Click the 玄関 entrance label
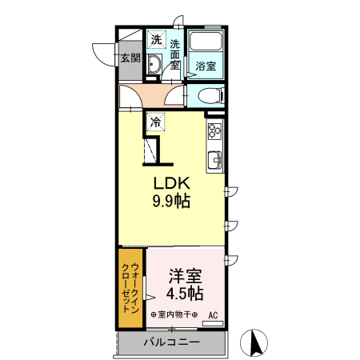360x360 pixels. [130, 58]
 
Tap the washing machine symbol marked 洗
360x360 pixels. [157, 39]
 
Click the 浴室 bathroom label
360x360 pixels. [206, 66]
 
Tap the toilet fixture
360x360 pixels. [210, 96]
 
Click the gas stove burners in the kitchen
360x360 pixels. [214, 130]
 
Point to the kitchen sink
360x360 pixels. [214, 160]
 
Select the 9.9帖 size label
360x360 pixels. [171, 202]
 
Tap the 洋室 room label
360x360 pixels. [185, 277]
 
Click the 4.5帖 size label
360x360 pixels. [185, 294]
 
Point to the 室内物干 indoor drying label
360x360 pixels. [174, 314]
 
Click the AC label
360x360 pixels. [214, 314]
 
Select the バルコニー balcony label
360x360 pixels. [172, 342]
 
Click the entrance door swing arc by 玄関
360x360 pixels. [102, 53]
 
